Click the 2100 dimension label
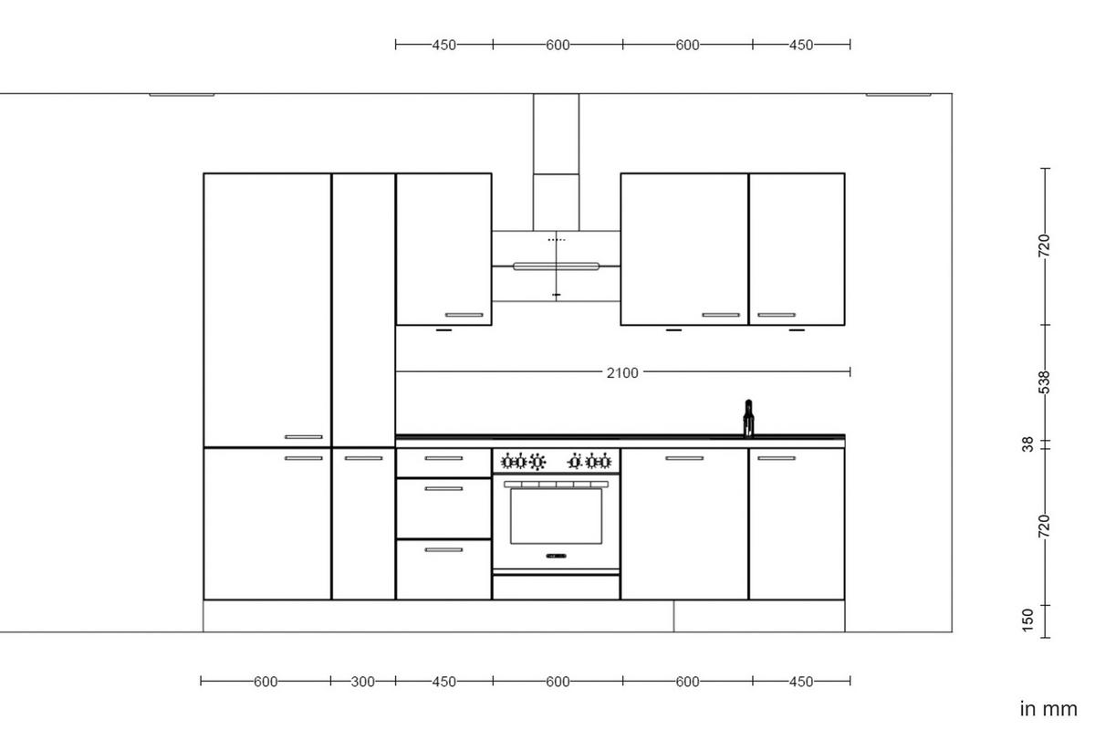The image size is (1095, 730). pos(622,372)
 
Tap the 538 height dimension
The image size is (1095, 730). pos(1046,382)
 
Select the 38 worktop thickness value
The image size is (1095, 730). pos(1028,444)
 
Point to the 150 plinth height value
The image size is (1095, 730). pos(1028,620)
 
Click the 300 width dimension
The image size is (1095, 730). pos(363,682)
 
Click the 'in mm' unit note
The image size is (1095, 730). pos(1048,708)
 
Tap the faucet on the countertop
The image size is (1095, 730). pos(748,418)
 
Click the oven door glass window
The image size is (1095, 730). pos(556,516)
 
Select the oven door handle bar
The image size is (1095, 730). pos(556,484)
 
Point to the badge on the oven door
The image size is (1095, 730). pos(556,556)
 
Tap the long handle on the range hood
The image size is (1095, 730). pos(556,266)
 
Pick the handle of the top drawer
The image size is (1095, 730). pos(443,459)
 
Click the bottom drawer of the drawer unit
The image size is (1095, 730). pos(443,569)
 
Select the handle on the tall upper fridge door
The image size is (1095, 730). pos(304,437)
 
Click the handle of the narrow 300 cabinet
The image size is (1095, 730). pos(363,458)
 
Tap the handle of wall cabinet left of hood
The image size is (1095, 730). pos(464,315)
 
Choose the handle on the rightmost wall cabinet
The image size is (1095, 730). pos(777,315)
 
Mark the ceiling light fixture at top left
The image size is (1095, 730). pos(182,94)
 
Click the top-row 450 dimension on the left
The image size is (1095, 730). pos(443,44)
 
